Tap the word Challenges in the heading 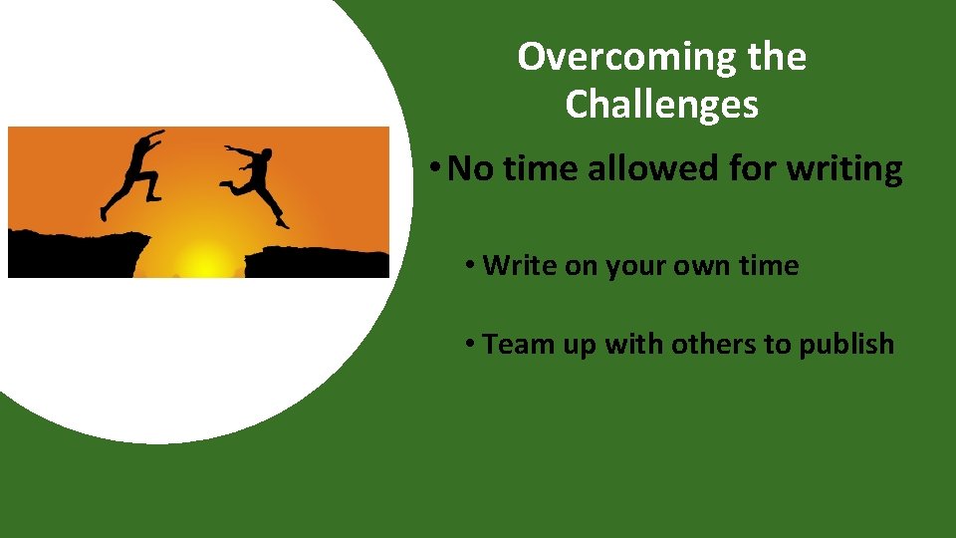661,104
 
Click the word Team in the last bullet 511,345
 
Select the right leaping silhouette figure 257,179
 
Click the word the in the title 779,58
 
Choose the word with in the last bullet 634,345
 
